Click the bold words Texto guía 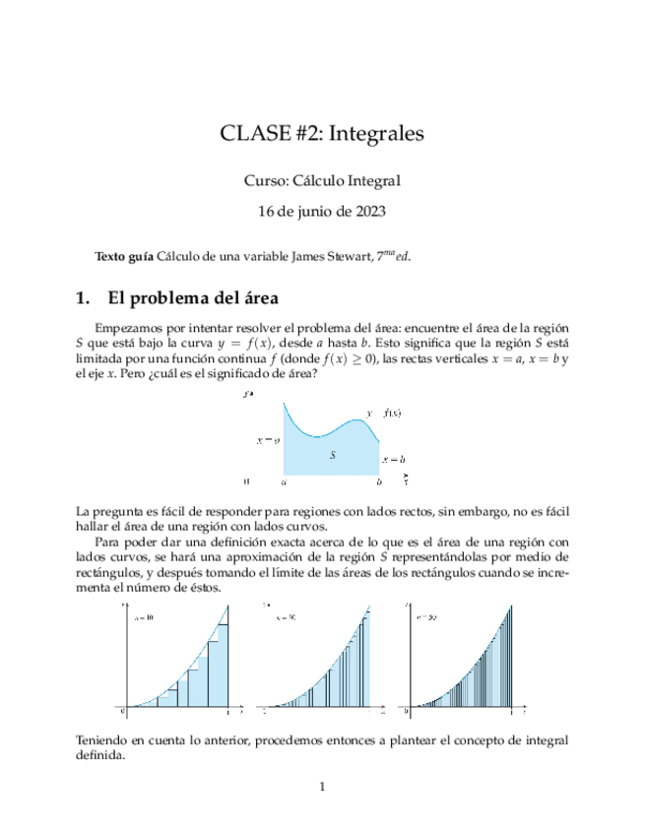123,256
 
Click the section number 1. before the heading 84,297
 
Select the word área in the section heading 261,297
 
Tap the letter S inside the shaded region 333,456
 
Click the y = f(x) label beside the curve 383,413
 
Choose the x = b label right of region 395,459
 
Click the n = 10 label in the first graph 143,617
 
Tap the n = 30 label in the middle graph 287,617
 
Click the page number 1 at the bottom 322,786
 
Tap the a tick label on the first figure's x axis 284,482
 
